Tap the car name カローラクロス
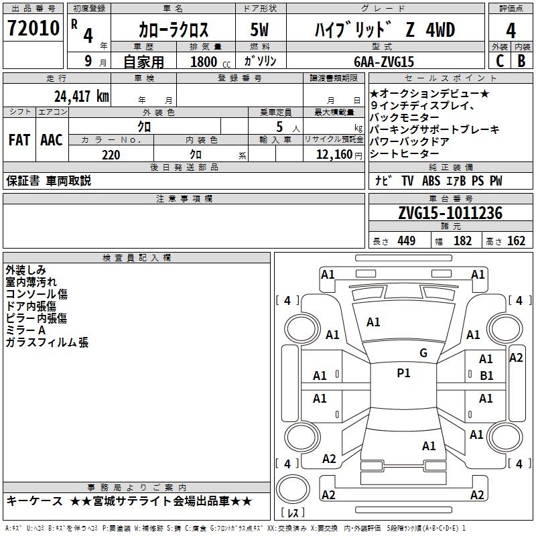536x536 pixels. point(174,29)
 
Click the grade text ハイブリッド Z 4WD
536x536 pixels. point(385,29)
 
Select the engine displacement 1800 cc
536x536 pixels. point(208,62)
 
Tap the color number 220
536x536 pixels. point(111,155)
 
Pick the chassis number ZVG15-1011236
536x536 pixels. point(450,214)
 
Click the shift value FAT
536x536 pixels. point(19,140)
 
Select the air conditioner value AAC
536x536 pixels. point(52,140)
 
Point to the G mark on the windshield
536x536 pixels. point(423,353)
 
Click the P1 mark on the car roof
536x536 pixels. point(403,373)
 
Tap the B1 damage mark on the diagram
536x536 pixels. point(486,376)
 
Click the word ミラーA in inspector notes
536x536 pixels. point(25,330)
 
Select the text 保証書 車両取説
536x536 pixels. point(48,181)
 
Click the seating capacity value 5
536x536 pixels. point(278,126)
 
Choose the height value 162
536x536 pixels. point(516,241)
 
